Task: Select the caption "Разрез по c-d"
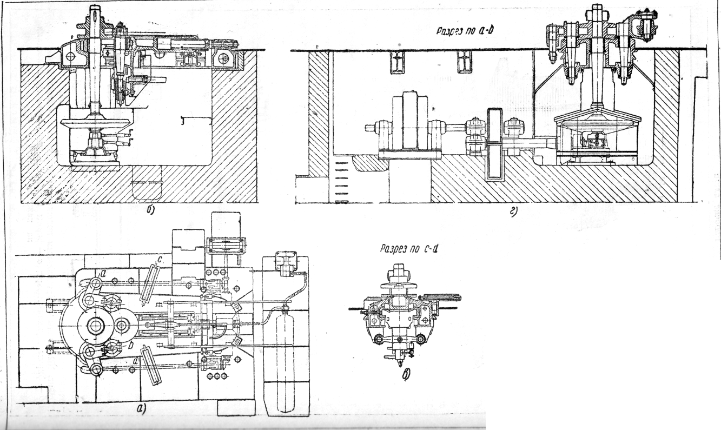(408, 249)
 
